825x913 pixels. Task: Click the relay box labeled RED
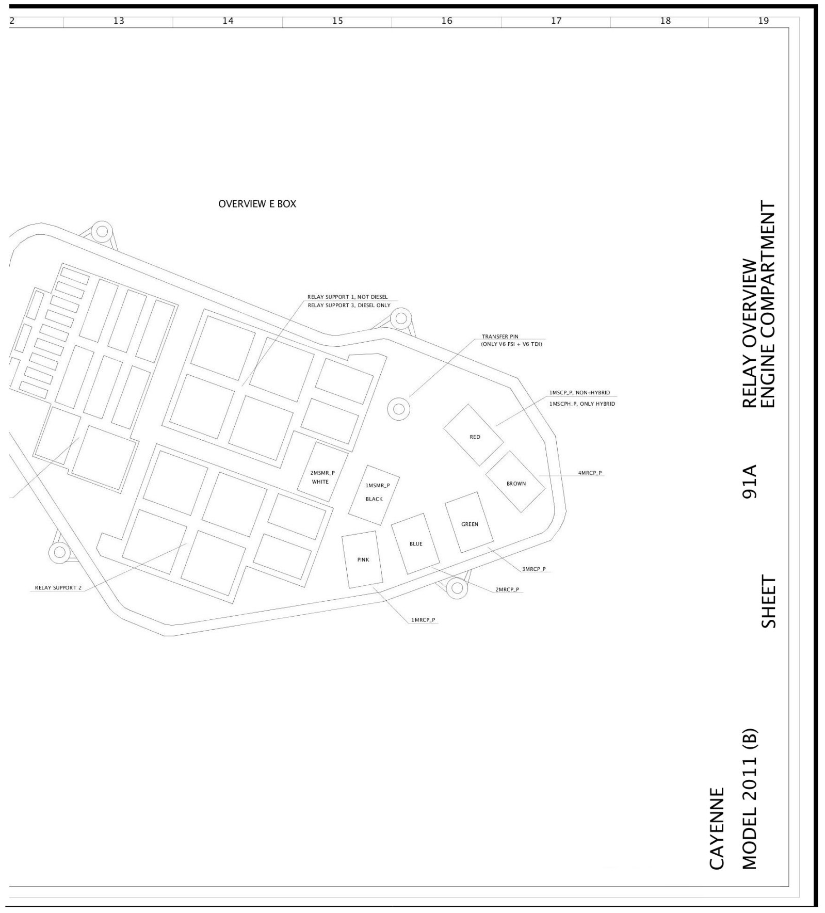click(x=474, y=435)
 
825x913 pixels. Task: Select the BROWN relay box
click(x=515, y=482)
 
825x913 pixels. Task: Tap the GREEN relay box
click(x=469, y=522)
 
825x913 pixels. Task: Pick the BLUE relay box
click(x=415, y=543)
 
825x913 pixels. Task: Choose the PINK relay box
click(x=363, y=559)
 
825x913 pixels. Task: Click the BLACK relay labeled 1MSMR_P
click(x=374, y=492)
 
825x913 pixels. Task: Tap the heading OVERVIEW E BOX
click(x=257, y=204)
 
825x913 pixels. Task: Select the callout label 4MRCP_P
click(x=590, y=473)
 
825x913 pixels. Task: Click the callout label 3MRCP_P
click(x=533, y=569)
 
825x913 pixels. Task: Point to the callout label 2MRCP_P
click(x=507, y=589)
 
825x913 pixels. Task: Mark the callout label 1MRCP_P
click(x=423, y=620)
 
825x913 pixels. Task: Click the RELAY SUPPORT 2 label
click(x=58, y=588)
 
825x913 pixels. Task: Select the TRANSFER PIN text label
click(x=500, y=337)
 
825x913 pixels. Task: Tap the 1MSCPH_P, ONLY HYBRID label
click(x=582, y=404)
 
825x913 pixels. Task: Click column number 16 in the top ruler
click(x=447, y=21)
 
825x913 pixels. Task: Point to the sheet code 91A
click(x=749, y=482)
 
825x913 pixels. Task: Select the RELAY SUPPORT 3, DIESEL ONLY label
click(x=349, y=306)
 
